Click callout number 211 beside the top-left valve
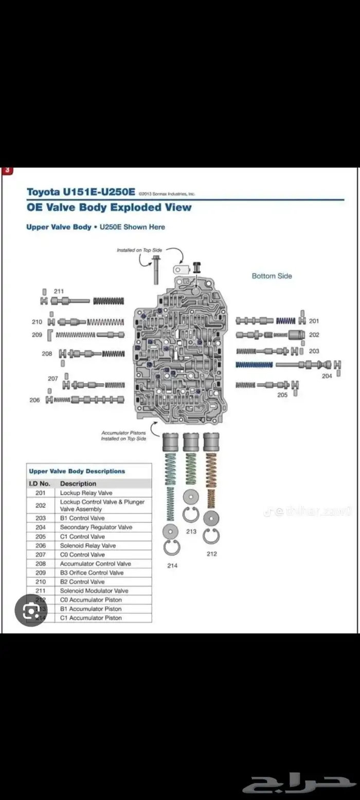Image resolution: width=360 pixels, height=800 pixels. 59,291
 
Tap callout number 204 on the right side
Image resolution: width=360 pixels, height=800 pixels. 327,376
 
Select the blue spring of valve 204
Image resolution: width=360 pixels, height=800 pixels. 254,365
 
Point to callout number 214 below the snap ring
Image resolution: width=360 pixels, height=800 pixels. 172,566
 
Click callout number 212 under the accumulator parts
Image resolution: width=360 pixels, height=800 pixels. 211,554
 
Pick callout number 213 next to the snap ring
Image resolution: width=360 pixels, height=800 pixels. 191,531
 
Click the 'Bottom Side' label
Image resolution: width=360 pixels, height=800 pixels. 272,276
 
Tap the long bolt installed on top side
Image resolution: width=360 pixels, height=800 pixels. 155,269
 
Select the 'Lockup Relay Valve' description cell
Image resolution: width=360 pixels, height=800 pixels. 86,493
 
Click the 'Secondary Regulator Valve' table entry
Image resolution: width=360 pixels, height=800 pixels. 96,527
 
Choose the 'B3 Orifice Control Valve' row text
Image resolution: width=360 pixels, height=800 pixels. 92,572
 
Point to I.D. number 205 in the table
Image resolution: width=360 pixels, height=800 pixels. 41,536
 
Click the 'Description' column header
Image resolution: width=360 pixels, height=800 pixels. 78,483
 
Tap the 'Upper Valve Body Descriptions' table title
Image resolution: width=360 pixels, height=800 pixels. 77,471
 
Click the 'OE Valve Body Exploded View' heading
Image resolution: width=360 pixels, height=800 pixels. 109,208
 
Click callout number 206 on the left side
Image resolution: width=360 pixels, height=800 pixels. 34,399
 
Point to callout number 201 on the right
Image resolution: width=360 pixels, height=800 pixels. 314,321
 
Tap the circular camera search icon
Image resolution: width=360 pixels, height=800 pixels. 31,610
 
